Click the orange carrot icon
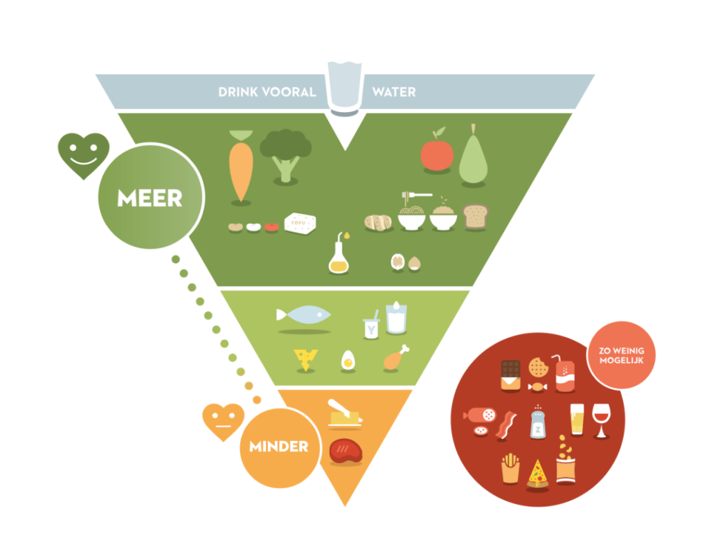[x=240, y=166]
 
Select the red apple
[x=437, y=152]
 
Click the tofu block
[x=300, y=224]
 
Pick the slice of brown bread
[x=475, y=217]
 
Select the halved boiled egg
[x=348, y=360]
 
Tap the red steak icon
[x=345, y=450]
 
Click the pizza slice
[x=537, y=474]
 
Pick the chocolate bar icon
[x=511, y=375]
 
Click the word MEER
[x=150, y=199]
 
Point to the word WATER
[x=394, y=91]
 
